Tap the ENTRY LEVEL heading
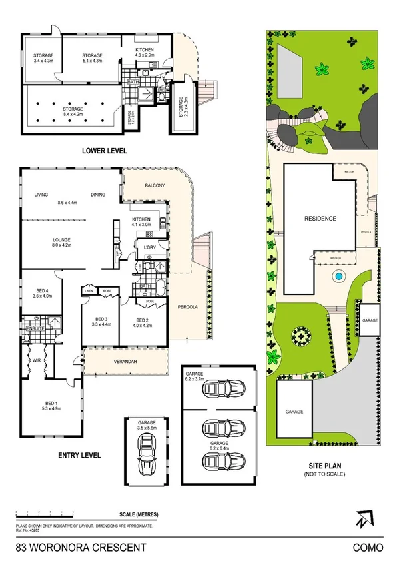(79, 456)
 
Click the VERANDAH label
(125, 361)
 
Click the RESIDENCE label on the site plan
(320, 219)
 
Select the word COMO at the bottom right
(369, 548)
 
